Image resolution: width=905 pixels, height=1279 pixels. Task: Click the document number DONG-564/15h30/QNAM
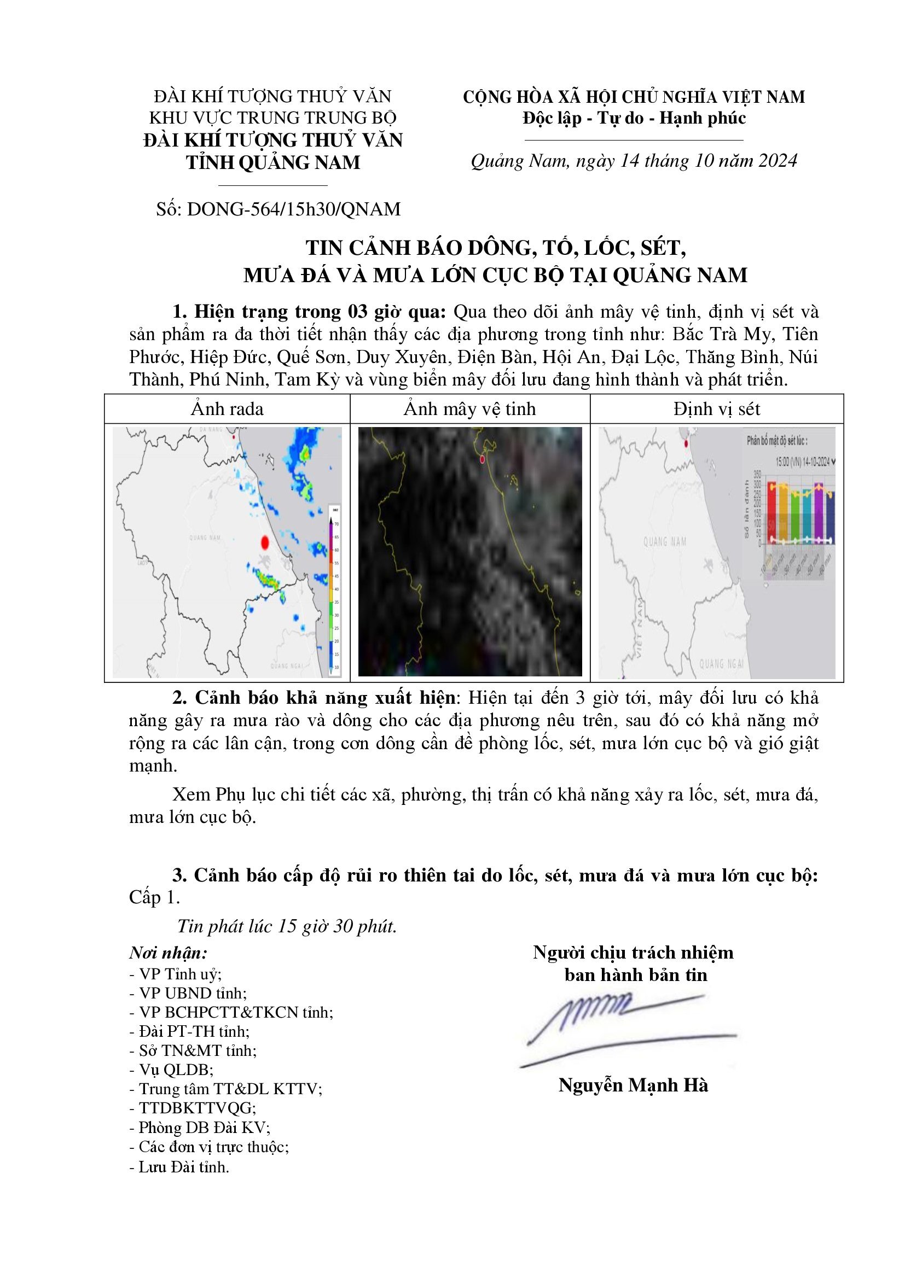pyautogui.click(x=294, y=209)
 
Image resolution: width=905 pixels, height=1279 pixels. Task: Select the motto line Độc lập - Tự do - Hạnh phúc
pyautogui.click(x=634, y=118)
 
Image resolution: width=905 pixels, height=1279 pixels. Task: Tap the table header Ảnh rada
pyautogui.click(x=227, y=409)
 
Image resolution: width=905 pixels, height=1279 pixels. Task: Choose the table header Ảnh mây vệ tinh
pyautogui.click(x=469, y=409)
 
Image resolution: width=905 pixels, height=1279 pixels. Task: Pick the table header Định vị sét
pyautogui.click(x=716, y=409)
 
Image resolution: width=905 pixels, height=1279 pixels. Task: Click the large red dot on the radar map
pyautogui.click(x=265, y=541)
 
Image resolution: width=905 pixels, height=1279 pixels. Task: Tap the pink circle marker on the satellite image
pyautogui.click(x=482, y=459)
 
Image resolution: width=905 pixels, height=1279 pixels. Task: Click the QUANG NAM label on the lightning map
pyautogui.click(x=665, y=541)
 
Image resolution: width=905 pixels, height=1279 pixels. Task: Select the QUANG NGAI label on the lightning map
pyautogui.click(x=721, y=663)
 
